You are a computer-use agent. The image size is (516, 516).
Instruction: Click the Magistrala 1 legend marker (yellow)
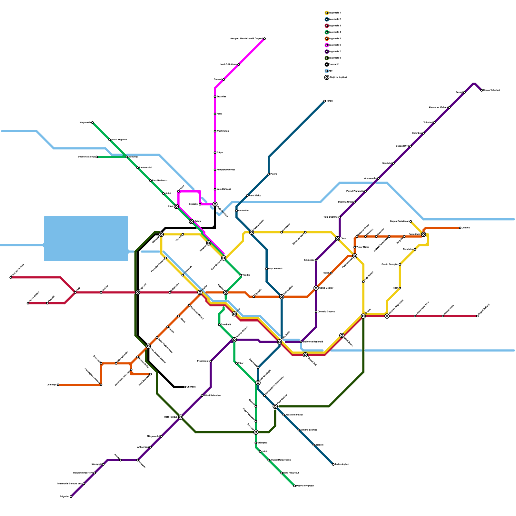coord(327,13)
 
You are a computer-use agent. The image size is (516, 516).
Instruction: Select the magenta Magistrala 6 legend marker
coord(327,45)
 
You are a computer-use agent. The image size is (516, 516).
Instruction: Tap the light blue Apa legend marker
coord(327,71)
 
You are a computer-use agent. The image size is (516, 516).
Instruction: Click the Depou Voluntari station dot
coord(481,90)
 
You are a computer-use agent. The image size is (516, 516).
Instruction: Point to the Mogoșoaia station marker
coord(93,123)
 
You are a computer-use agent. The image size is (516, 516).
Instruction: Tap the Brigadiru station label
coord(64,496)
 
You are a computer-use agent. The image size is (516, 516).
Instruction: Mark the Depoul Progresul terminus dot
coord(294,486)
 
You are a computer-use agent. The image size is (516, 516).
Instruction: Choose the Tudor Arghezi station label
coord(342,464)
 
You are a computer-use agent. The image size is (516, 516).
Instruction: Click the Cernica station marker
coord(460,228)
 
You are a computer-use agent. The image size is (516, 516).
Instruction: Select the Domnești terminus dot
coord(58,385)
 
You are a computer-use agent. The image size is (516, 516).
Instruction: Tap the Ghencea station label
coord(191,387)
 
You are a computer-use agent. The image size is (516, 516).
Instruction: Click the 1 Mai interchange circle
coord(176,206)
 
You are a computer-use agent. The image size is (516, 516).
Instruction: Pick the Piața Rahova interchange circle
coord(181,417)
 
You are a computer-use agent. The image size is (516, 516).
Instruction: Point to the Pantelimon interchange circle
coord(423,234)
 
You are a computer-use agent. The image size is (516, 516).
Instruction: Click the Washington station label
coord(223,131)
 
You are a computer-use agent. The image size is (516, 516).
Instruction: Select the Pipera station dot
coord(269,174)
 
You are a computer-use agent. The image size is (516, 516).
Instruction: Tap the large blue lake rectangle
coord(86,239)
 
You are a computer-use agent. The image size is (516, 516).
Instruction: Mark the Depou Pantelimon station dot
coord(411,222)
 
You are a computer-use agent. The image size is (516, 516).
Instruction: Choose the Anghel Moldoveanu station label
coord(280,460)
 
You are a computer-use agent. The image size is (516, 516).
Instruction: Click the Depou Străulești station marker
coord(97,157)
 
